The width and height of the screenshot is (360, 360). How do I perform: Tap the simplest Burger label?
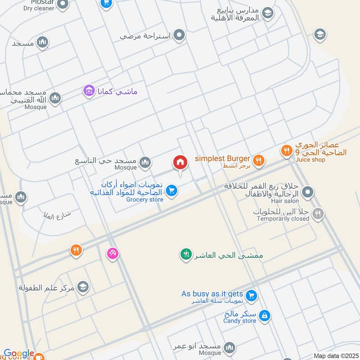(x=222, y=158)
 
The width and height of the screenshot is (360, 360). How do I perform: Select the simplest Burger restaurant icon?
(x=258, y=159)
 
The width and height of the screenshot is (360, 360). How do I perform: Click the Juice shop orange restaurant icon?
(x=286, y=151)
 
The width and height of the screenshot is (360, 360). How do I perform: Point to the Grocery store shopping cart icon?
(x=171, y=191)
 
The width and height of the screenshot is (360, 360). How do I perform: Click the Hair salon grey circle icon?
(x=308, y=193)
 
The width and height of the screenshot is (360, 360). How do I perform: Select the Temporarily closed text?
(x=283, y=219)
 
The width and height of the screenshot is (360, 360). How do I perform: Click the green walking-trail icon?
(x=185, y=255)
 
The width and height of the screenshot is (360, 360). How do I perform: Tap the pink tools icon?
(x=112, y=253)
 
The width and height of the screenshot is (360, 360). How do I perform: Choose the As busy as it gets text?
(x=212, y=294)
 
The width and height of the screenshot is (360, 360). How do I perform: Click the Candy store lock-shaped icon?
(x=265, y=315)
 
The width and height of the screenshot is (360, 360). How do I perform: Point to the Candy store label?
(x=240, y=321)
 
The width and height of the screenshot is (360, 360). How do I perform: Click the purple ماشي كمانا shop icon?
(x=89, y=91)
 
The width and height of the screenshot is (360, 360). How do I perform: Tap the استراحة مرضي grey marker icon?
(x=180, y=35)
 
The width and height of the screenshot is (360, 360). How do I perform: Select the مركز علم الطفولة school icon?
(x=83, y=287)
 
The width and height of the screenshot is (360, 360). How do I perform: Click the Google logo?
(x=19, y=354)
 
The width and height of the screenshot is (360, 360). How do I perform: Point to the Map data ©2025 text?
(x=335, y=356)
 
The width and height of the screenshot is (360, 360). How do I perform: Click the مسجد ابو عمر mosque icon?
(x=229, y=347)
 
